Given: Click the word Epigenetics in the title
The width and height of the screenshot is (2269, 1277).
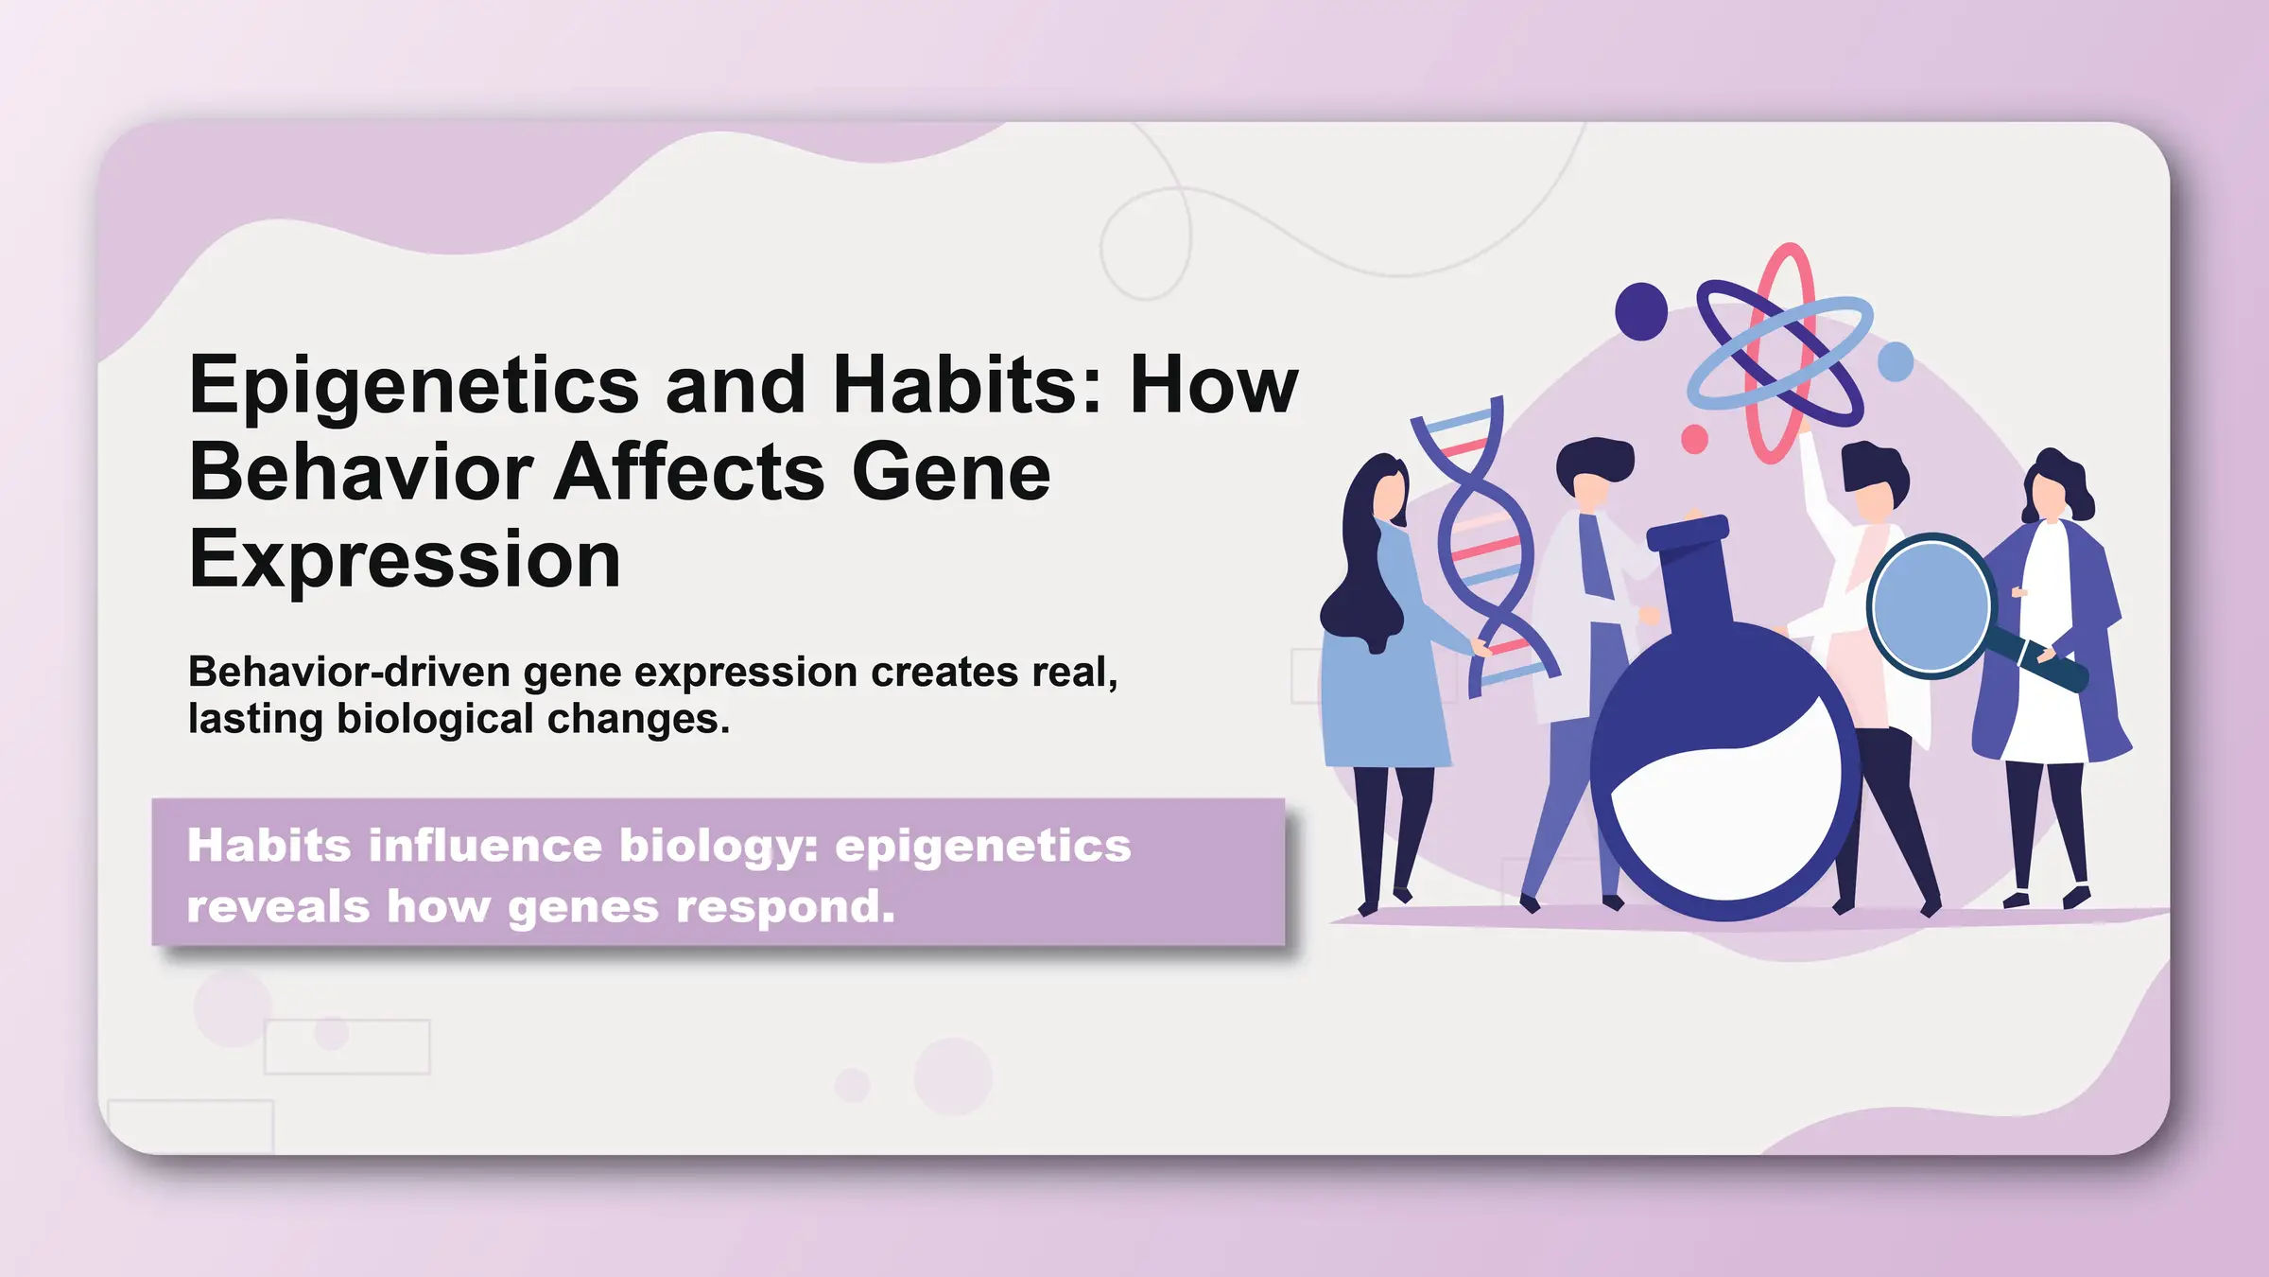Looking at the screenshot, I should click(x=414, y=387).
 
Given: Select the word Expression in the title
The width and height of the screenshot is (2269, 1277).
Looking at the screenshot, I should click(x=405, y=560).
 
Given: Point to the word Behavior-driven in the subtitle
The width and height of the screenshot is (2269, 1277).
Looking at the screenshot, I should click(x=350, y=673).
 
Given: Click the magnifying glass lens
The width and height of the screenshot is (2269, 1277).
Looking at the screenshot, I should click(x=1929, y=605).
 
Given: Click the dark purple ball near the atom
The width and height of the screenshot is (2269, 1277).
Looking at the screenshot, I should click(x=1640, y=311).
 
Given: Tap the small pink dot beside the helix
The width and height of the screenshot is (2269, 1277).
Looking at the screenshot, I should click(x=1694, y=439).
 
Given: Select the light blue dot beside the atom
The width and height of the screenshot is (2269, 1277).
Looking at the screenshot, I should click(x=1895, y=361).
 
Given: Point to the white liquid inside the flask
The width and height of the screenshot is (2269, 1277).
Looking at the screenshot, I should click(x=1725, y=823).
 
